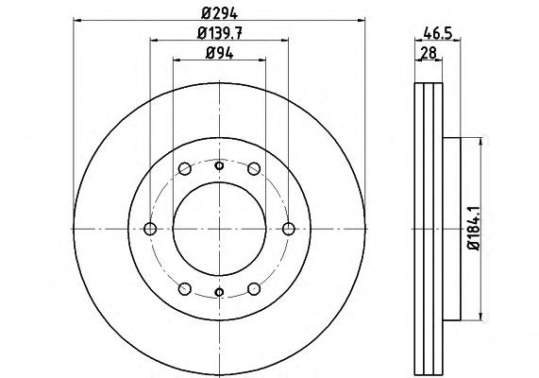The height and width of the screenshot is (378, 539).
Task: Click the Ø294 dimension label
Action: click(219, 13)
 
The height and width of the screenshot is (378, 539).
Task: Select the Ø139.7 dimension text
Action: click(220, 33)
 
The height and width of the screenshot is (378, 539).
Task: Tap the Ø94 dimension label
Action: click(219, 53)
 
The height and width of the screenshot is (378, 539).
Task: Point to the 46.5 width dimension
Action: click(437, 33)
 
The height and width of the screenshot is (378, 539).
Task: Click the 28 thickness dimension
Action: click(429, 53)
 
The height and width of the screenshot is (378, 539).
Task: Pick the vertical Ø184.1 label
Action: click(473, 229)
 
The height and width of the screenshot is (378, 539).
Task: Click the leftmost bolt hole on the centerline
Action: click(150, 229)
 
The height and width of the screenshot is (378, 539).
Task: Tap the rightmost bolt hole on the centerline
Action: click(289, 229)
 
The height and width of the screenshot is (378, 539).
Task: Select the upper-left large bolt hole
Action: click(185, 169)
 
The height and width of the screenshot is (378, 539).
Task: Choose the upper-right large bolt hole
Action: click(254, 169)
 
